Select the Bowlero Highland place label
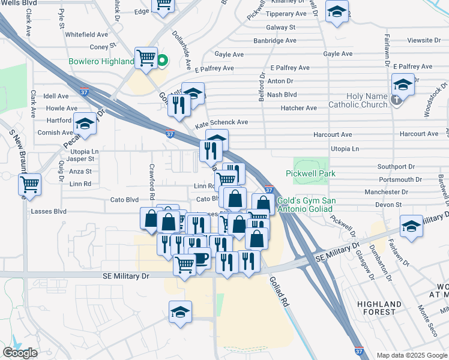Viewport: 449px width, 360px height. (101, 61)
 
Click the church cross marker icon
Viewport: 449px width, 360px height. (396, 100)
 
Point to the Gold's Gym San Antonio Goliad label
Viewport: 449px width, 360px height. (306, 204)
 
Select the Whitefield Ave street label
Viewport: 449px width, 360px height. (89, 35)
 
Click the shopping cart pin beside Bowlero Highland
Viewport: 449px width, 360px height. (146, 58)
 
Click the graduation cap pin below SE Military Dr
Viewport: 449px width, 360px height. (180, 311)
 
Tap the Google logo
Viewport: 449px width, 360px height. (20, 353)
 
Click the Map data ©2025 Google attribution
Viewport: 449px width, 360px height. (411, 355)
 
